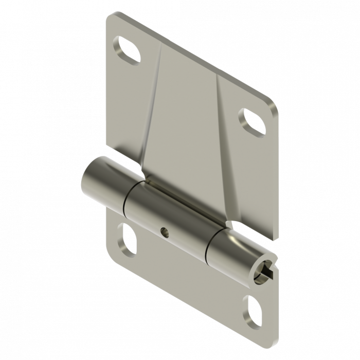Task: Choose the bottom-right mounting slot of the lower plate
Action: click(254, 309)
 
